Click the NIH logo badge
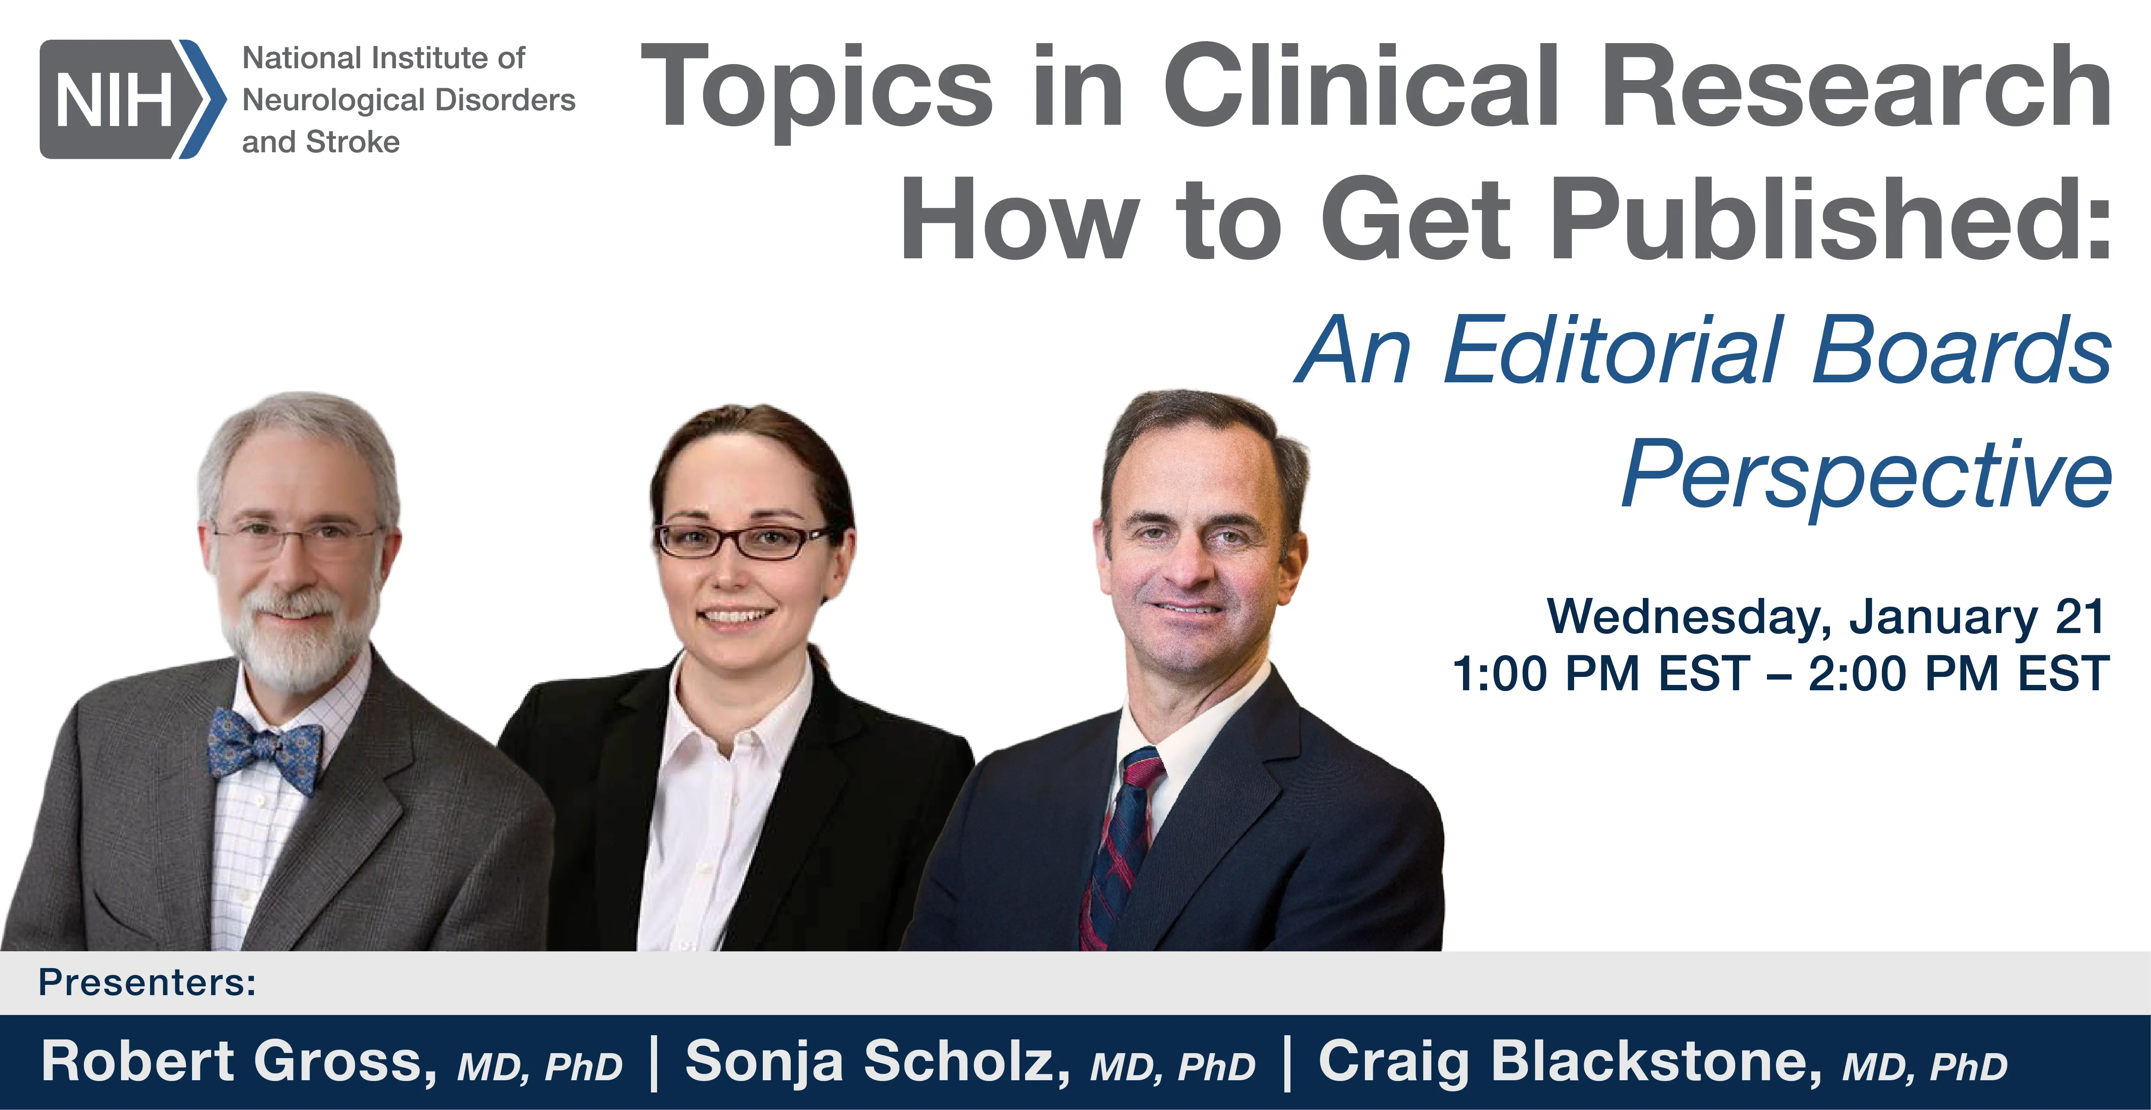132,99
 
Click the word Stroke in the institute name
353,142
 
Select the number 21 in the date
2079,617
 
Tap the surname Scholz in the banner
967,1062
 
